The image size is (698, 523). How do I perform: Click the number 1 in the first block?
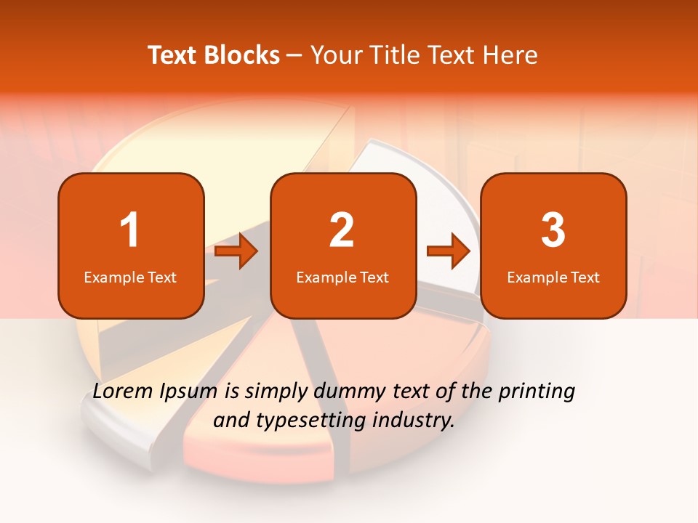tap(130, 230)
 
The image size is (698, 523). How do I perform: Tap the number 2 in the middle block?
tap(342, 230)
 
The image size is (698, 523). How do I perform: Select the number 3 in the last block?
tap(553, 230)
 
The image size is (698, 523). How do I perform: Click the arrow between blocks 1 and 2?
tap(237, 251)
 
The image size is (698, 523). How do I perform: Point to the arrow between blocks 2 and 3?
tap(449, 251)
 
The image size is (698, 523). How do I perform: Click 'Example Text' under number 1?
tap(130, 277)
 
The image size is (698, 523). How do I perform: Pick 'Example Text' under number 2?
tap(342, 277)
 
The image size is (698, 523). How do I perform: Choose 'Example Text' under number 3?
tap(553, 277)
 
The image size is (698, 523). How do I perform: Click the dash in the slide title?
tap(294, 56)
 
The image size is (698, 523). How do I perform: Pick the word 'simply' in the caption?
tap(276, 392)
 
